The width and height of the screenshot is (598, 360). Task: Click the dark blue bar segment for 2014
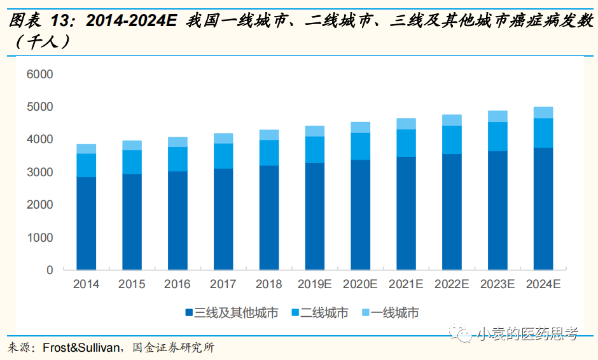86,223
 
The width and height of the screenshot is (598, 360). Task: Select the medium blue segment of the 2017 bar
223,156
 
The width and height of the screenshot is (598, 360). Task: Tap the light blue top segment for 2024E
543,113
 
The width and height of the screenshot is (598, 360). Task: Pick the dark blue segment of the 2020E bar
360,214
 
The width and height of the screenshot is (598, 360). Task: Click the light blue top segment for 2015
132,145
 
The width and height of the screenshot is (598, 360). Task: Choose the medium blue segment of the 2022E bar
452,140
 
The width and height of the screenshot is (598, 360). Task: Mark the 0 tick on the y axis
49,270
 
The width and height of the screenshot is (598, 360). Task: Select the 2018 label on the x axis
268,284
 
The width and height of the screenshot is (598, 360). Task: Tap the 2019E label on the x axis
314,284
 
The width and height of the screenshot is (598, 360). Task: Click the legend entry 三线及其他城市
236,313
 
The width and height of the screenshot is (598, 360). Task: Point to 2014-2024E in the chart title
131,21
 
